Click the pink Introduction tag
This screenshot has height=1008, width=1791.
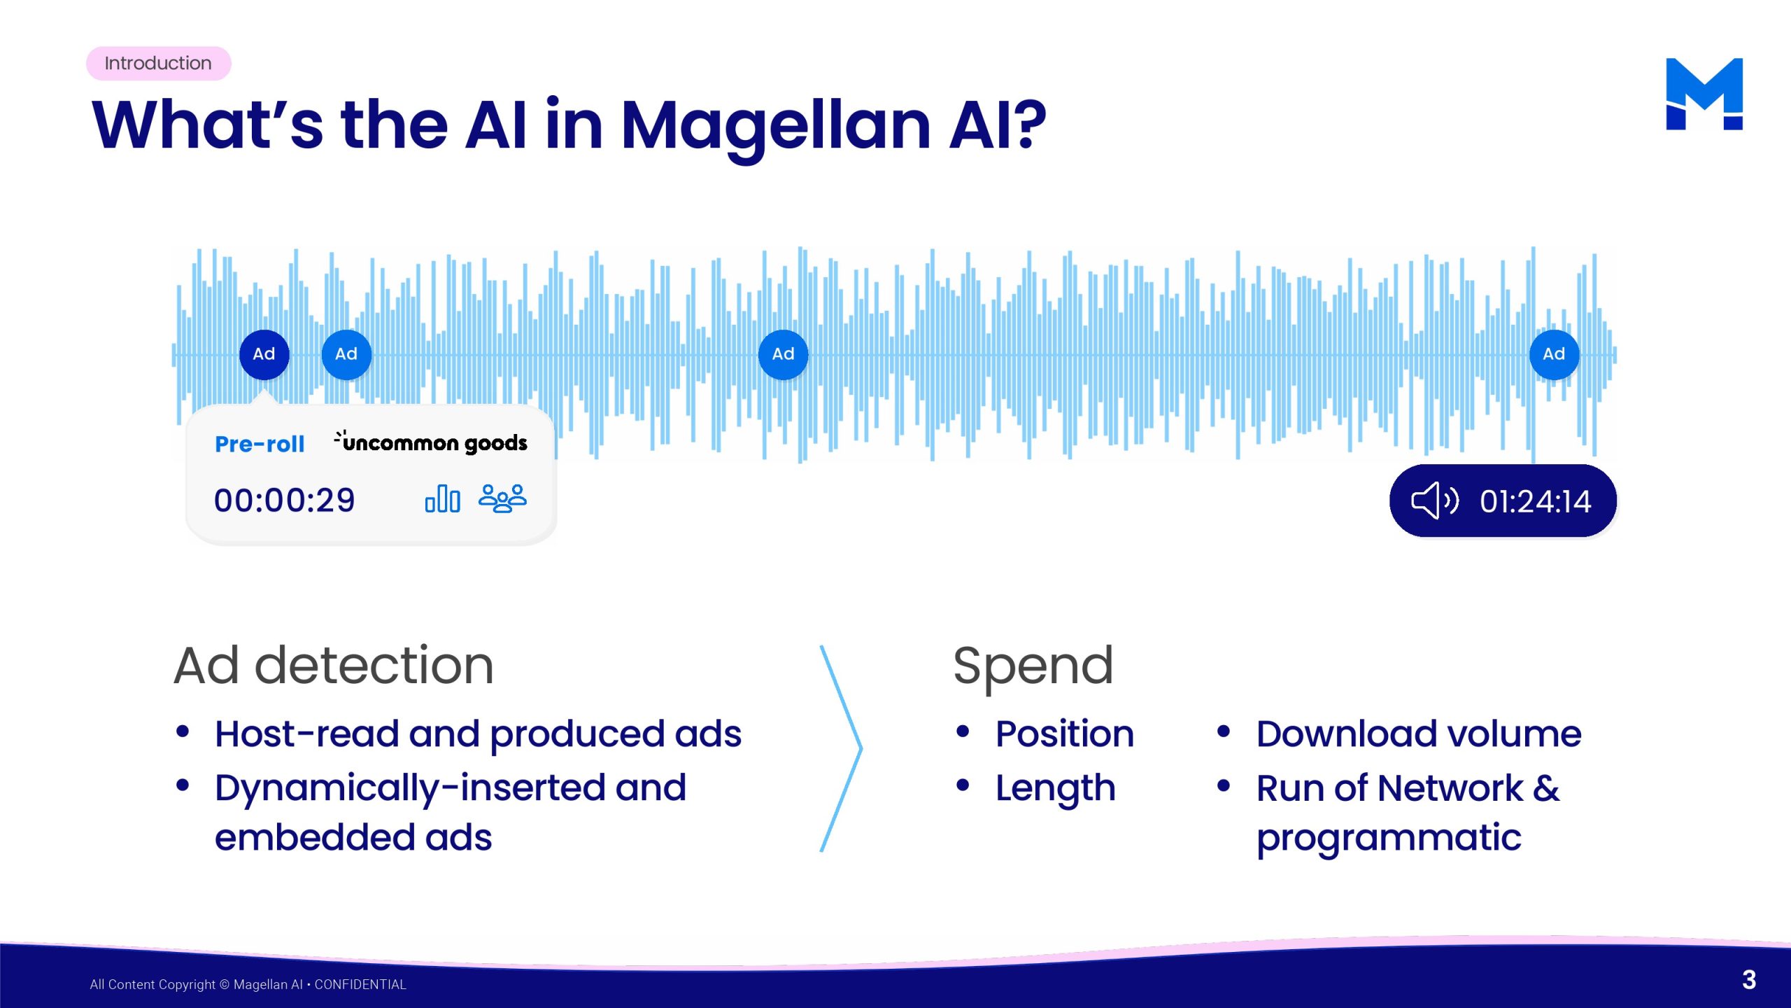pos(158,63)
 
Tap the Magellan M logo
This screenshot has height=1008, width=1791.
pos(1704,94)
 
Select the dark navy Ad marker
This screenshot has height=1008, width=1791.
pos(264,354)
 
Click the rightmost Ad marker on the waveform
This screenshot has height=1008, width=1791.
pos(1554,354)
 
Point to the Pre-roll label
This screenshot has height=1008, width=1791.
pos(260,444)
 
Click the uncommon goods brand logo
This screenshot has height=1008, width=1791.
pos(430,442)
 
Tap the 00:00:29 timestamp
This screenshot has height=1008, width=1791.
pos(285,500)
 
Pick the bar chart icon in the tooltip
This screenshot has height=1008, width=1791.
pos(442,498)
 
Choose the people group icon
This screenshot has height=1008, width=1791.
pos(502,498)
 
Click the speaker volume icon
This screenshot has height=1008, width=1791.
pos(1435,500)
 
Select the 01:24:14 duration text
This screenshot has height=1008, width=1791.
pos(1536,501)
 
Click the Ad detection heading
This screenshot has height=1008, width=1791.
pos(334,665)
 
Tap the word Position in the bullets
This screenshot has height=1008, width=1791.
pos(1065,734)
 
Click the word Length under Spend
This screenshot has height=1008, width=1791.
pos(1056,790)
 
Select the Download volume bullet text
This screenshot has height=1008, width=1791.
pos(1419,734)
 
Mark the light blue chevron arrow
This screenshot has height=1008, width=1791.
pos(861,748)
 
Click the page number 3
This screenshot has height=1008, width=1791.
pos(1749,980)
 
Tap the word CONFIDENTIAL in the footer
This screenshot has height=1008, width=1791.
pos(360,984)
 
